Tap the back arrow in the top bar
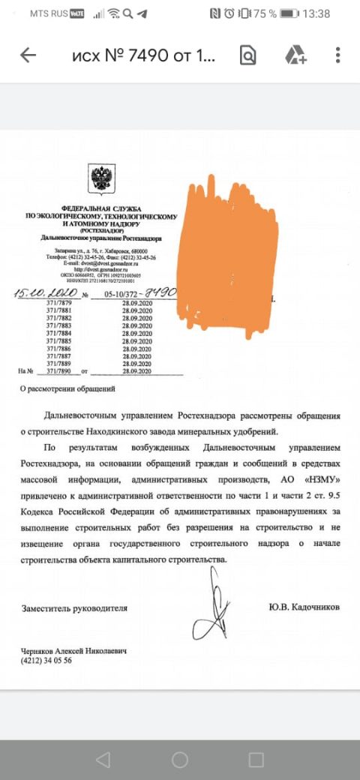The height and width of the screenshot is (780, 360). click(28, 55)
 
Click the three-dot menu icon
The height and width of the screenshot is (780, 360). click(338, 55)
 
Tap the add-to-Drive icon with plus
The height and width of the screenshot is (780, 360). click(294, 55)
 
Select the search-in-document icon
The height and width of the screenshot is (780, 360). click(247, 55)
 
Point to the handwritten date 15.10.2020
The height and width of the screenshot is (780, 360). click(44, 292)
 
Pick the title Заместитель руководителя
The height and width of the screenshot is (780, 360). click(74, 607)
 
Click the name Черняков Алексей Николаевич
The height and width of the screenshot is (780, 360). click(74, 651)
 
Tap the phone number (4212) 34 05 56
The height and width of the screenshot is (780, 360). click(47, 661)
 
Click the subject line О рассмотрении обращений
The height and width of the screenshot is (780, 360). click(67, 389)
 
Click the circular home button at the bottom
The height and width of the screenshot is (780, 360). click(180, 759)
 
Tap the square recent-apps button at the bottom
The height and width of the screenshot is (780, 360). click(256, 759)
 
